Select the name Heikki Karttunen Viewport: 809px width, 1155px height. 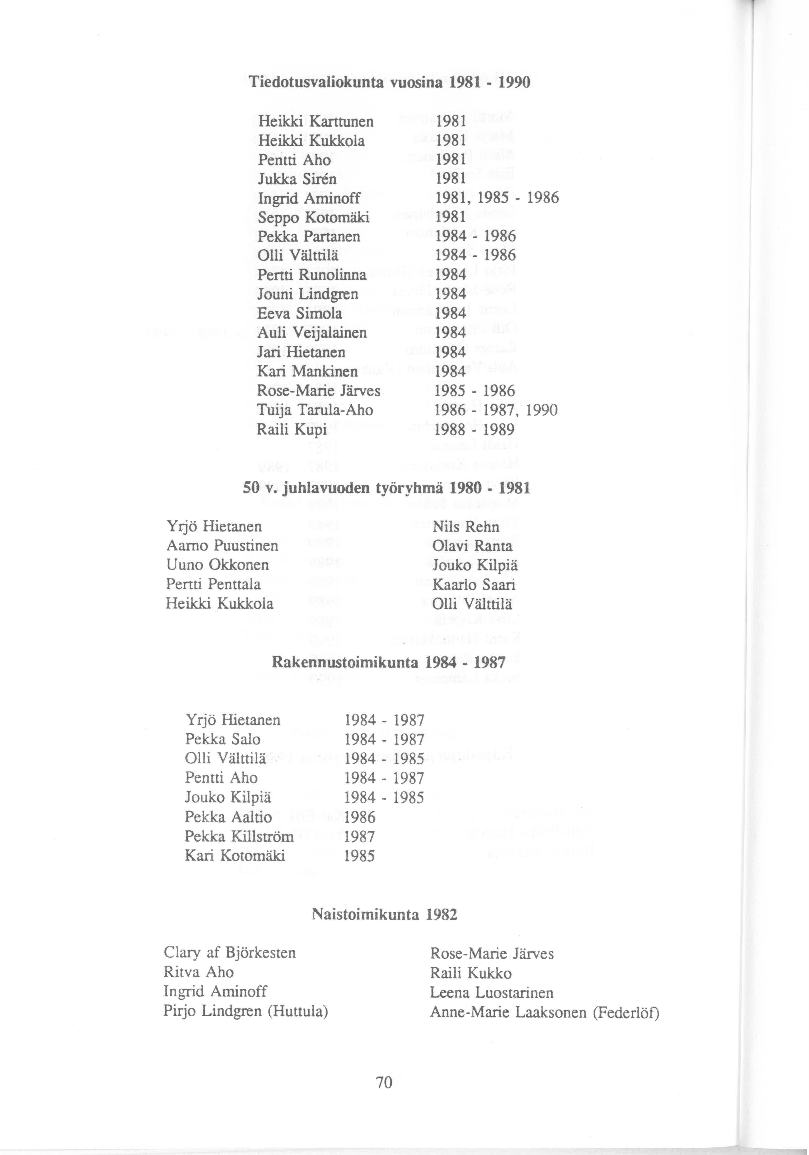click(x=316, y=121)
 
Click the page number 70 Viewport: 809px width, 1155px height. click(x=384, y=1083)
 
